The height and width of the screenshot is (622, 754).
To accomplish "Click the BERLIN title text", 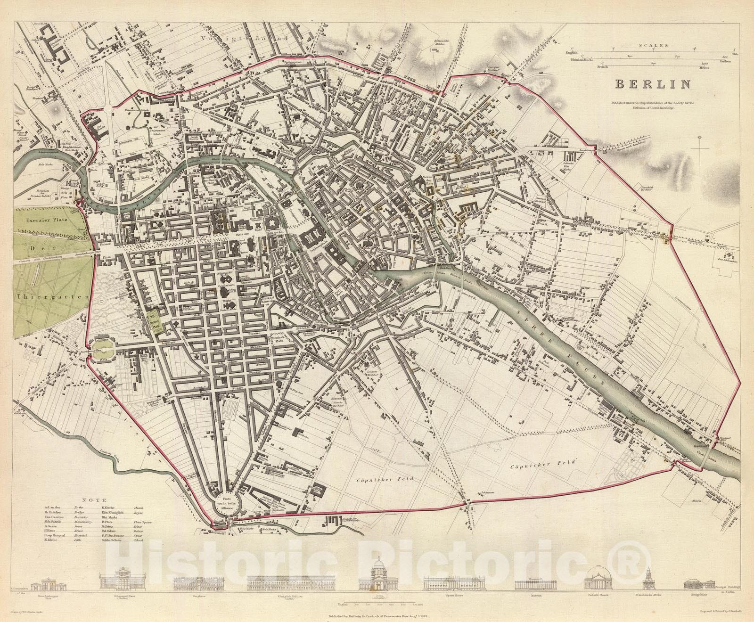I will tap(652, 84).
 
